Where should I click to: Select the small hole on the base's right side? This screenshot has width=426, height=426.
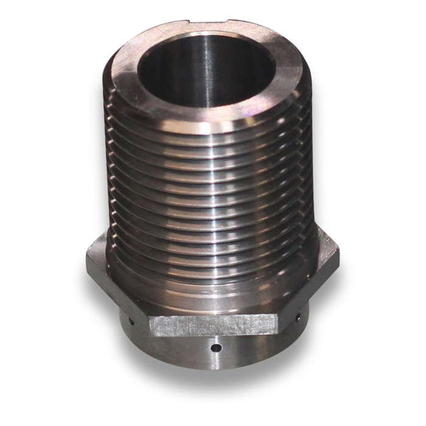click(x=298, y=318)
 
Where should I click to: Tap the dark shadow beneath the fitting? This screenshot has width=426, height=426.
click(x=213, y=389)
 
